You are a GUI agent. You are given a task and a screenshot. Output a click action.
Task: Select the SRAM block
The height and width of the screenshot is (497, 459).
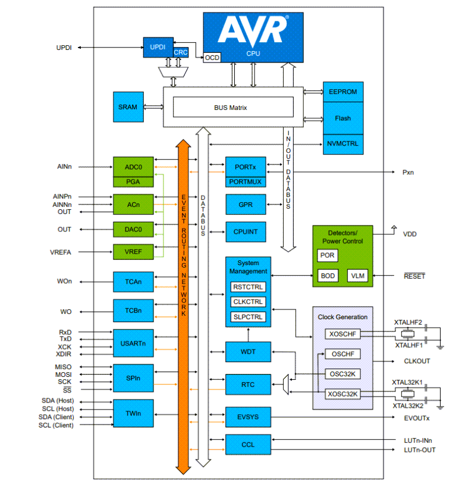(127, 107)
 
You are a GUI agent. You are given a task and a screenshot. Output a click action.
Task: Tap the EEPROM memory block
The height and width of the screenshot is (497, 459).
(342, 92)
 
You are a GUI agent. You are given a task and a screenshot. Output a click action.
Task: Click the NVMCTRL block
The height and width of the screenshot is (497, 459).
(342, 143)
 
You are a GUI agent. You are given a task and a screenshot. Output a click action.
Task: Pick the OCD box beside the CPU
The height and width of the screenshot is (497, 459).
(212, 58)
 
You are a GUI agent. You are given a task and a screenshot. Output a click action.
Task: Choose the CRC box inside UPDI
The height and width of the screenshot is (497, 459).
(181, 52)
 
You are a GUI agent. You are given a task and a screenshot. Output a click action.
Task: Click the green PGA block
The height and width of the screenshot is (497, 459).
(133, 181)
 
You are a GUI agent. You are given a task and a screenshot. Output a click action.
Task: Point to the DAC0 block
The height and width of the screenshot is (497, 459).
(133, 229)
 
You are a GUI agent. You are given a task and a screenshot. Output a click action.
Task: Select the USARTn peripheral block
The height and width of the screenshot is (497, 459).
(133, 343)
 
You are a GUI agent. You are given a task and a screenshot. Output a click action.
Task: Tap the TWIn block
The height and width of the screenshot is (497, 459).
(133, 411)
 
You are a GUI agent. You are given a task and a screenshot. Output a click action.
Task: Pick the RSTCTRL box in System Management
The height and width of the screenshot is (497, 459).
(248, 287)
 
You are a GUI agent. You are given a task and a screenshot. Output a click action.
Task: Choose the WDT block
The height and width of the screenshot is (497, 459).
(248, 352)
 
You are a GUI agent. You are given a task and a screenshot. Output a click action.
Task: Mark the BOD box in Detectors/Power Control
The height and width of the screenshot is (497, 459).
(328, 276)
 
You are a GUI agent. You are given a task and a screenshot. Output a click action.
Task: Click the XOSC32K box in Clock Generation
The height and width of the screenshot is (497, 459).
(342, 394)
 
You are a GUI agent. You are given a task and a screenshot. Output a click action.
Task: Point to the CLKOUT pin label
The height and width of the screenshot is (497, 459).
(417, 361)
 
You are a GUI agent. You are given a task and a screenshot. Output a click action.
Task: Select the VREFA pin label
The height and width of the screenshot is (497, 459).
(61, 252)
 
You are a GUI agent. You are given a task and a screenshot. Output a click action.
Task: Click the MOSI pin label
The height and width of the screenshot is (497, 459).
(64, 375)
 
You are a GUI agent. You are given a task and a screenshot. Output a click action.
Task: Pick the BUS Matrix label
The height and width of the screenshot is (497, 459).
(231, 108)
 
